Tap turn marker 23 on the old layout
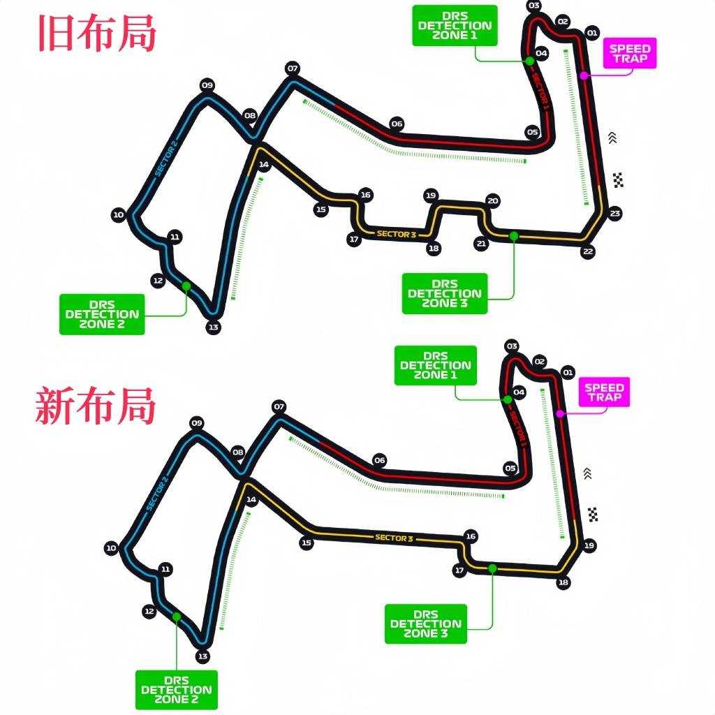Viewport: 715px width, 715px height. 615,213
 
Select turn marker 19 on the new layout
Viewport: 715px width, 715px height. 589,545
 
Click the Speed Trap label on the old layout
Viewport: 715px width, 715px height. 630,54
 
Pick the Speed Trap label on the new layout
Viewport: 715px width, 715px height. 604,392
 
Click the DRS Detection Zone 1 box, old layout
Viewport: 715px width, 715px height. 455,26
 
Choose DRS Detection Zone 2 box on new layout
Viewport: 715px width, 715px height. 176,690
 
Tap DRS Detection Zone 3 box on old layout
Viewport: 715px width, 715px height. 445,293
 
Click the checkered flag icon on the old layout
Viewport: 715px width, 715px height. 618,179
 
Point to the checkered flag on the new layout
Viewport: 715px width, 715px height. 593,515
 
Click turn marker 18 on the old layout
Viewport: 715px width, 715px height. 434,249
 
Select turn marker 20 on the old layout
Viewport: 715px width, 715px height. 493,201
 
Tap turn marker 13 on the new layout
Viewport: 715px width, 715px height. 202,656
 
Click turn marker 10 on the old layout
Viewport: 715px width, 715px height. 118,215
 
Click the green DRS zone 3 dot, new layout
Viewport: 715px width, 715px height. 492,568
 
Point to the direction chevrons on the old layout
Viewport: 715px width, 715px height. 612,138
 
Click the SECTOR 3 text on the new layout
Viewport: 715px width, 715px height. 395,538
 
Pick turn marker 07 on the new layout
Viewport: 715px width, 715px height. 279,406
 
